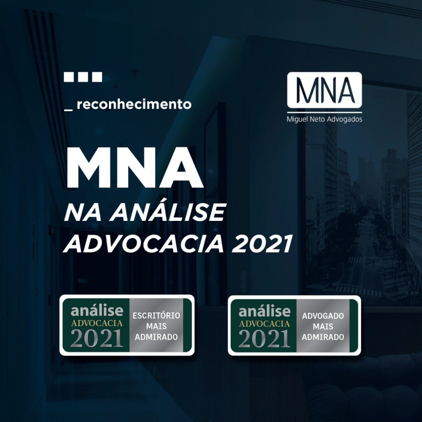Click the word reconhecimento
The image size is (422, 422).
point(134,104)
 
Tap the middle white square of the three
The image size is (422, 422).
point(83,77)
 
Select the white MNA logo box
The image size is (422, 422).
point(324,90)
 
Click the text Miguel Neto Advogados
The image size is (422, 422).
point(324,119)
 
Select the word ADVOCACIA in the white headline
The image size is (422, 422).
point(144,244)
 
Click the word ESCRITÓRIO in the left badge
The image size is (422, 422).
point(156,315)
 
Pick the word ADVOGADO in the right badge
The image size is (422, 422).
point(323,316)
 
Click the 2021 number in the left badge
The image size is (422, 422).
point(97,338)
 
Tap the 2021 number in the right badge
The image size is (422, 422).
point(265,339)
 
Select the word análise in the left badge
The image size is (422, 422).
point(97,311)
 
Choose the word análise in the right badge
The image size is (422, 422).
point(265,311)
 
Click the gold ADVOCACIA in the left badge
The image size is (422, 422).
point(97,323)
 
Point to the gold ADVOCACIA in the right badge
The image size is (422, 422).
point(265,324)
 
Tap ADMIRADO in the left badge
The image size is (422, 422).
point(156,337)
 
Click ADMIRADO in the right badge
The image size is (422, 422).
point(323,337)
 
